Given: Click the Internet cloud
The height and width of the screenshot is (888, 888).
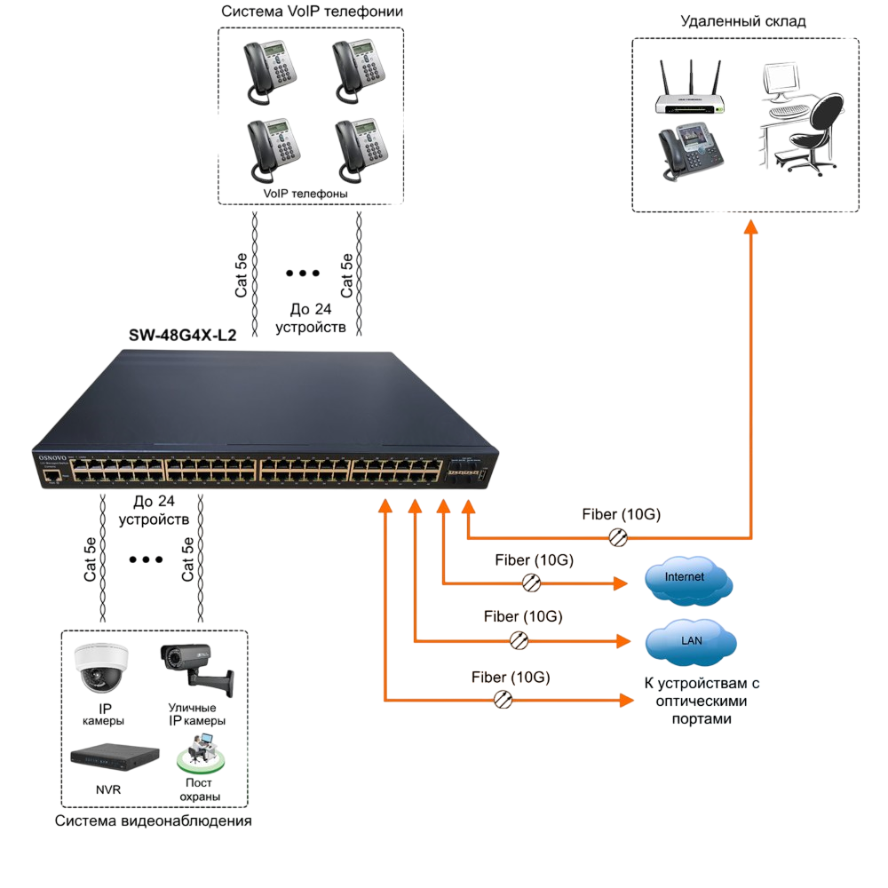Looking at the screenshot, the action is [x=688, y=579].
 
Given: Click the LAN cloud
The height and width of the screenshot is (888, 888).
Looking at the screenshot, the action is [x=690, y=642].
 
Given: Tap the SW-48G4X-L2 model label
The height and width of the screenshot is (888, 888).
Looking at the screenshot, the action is [x=182, y=336].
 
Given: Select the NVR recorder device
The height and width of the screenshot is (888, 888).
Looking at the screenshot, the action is [x=115, y=757].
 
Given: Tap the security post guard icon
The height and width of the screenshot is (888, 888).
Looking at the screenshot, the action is [x=201, y=754].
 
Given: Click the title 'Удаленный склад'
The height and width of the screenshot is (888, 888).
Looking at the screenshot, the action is [x=743, y=21].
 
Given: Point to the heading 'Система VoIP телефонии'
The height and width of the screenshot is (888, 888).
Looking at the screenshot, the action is [x=312, y=12].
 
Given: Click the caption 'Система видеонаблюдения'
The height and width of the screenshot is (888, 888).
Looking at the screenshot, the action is [x=153, y=821].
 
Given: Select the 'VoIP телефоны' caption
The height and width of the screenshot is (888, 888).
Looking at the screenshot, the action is [x=305, y=194].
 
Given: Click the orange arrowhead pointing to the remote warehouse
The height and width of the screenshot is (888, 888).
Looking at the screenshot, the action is [x=751, y=227].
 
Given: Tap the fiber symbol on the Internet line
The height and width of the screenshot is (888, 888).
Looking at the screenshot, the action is [x=531, y=583].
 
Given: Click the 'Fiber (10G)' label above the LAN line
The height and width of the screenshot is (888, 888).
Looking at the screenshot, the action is [x=523, y=616].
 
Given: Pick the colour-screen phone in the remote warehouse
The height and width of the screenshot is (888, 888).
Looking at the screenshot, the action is [x=691, y=151].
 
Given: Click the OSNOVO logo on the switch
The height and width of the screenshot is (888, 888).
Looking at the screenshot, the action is [x=52, y=457].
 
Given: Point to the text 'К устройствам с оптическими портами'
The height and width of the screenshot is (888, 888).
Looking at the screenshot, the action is [x=702, y=701].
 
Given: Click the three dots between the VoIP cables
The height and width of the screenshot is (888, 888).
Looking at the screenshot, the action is [x=303, y=273].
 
